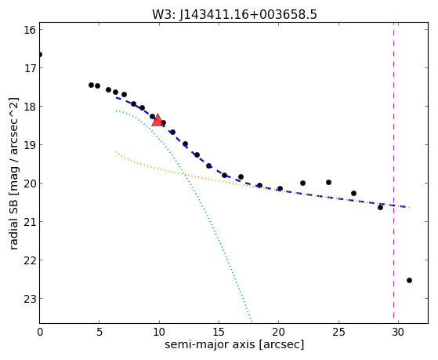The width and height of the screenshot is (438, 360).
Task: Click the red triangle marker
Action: pyautogui.click(x=157, y=120)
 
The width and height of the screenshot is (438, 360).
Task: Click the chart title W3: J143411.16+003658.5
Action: pyautogui.click(x=234, y=14)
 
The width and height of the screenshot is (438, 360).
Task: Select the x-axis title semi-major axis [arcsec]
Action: pyautogui.click(x=234, y=344)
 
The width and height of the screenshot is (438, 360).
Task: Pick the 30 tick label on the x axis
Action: pyautogui.click(x=398, y=332)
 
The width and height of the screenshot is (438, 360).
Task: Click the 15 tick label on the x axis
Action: pyautogui.click(x=219, y=332)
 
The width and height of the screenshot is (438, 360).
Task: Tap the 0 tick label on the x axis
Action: pyautogui.click(x=40, y=332)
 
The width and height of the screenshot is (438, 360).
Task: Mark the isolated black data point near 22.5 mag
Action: pyautogui.click(x=409, y=280)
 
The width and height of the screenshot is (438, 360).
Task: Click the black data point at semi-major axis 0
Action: pyautogui.click(x=40, y=54)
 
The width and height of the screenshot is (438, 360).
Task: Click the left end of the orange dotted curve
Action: pyautogui.click(x=116, y=151)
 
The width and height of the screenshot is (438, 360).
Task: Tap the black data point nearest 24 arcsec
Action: pyautogui.click(x=328, y=183)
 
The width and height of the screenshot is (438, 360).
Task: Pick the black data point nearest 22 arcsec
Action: pyautogui.click(x=302, y=184)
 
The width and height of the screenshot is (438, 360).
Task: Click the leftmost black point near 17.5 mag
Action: pyautogui.click(x=91, y=85)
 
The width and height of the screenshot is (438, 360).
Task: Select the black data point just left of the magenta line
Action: pyautogui.click(x=380, y=207)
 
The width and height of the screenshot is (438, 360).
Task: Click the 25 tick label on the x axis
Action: pyautogui.click(x=338, y=332)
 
